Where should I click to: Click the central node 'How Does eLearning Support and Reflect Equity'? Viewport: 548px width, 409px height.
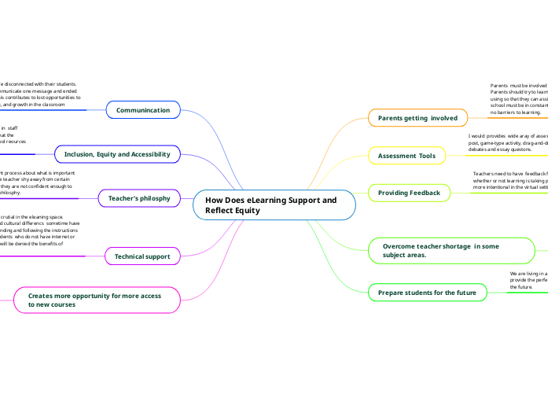pyautogui.click(x=274, y=205)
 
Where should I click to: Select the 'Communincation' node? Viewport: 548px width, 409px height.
pyautogui.click(x=143, y=110)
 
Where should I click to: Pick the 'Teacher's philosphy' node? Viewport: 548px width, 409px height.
pyautogui.click(x=139, y=198)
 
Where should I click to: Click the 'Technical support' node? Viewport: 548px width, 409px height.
pyautogui.click(x=142, y=256)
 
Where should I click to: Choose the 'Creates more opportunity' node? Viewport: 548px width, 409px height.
pyautogui.click(x=94, y=300)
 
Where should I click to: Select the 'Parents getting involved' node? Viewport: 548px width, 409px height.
pyautogui.click(x=417, y=118)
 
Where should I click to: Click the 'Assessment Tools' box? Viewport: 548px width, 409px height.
pyautogui.click(x=406, y=156)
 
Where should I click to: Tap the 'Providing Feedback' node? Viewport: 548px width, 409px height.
pyautogui.click(x=409, y=193)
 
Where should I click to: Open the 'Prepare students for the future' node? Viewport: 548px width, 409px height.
pyautogui.click(x=427, y=293)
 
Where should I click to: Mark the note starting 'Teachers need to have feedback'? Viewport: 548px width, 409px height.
pyautogui.click(x=509, y=180)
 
